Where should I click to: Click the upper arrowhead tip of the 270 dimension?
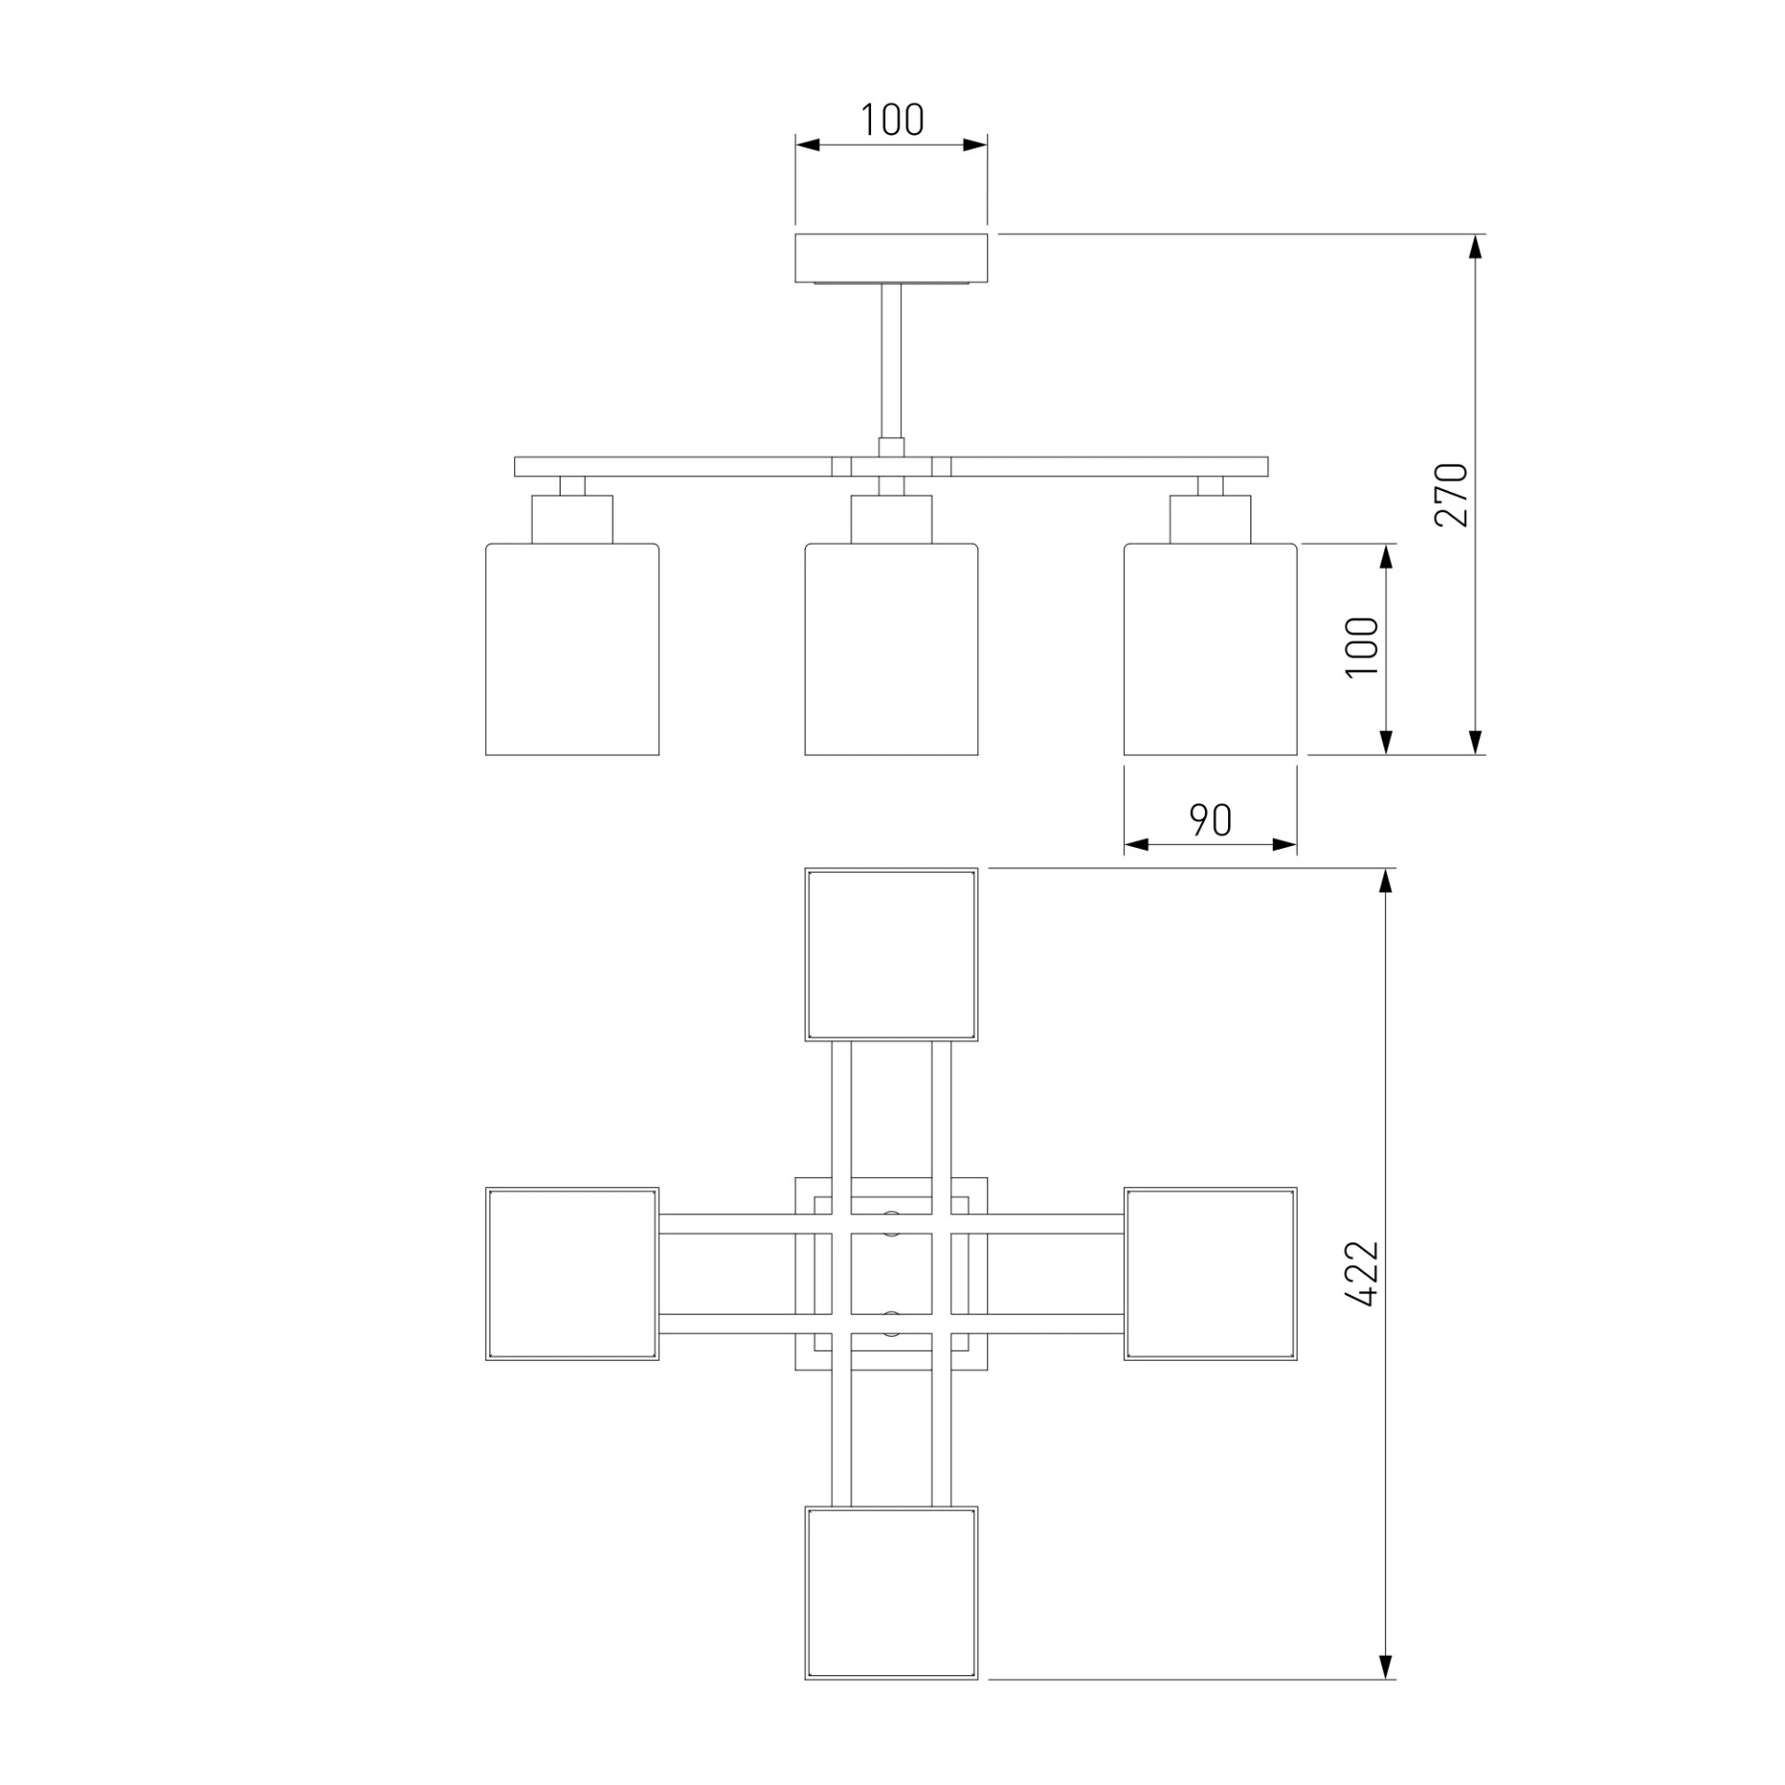(x=1474, y=234)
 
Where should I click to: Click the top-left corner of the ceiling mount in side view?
(x=795, y=234)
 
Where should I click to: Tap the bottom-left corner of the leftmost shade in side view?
(x=485, y=755)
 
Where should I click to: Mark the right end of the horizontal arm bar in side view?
(x=1268, y=467)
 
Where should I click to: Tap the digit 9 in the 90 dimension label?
(x=1199, y=820)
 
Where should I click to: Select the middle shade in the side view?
(x=892, y=649)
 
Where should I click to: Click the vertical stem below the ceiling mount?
(x=892, y=361)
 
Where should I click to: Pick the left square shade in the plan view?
(x=573, y=1274)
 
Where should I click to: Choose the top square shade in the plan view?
(x=892, y=955)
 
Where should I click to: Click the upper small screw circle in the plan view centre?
(x=892, y=1223)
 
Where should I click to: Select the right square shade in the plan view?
(x=1210, y=1274)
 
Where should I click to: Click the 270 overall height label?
(x=1451, y=495)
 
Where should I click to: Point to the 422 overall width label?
(x=1362, y=1274)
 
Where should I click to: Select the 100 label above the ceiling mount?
(x=892, y=120)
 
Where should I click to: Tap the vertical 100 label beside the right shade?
(x=1362, y=647)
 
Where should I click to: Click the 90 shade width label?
(x=1210, y=820)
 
